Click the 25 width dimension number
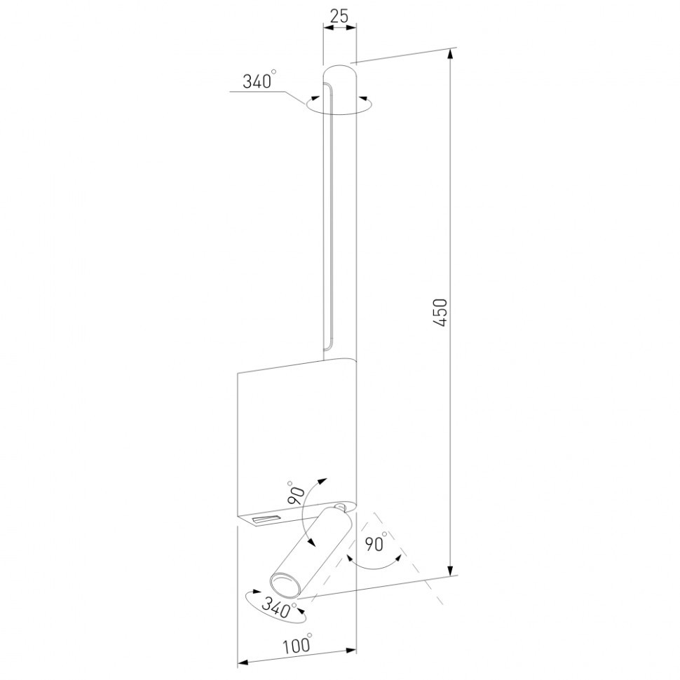339,16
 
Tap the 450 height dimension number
440,312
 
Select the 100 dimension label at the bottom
297,646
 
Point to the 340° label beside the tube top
257,81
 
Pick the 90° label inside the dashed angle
376,543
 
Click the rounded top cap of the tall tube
340,73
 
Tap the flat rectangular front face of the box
294,435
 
